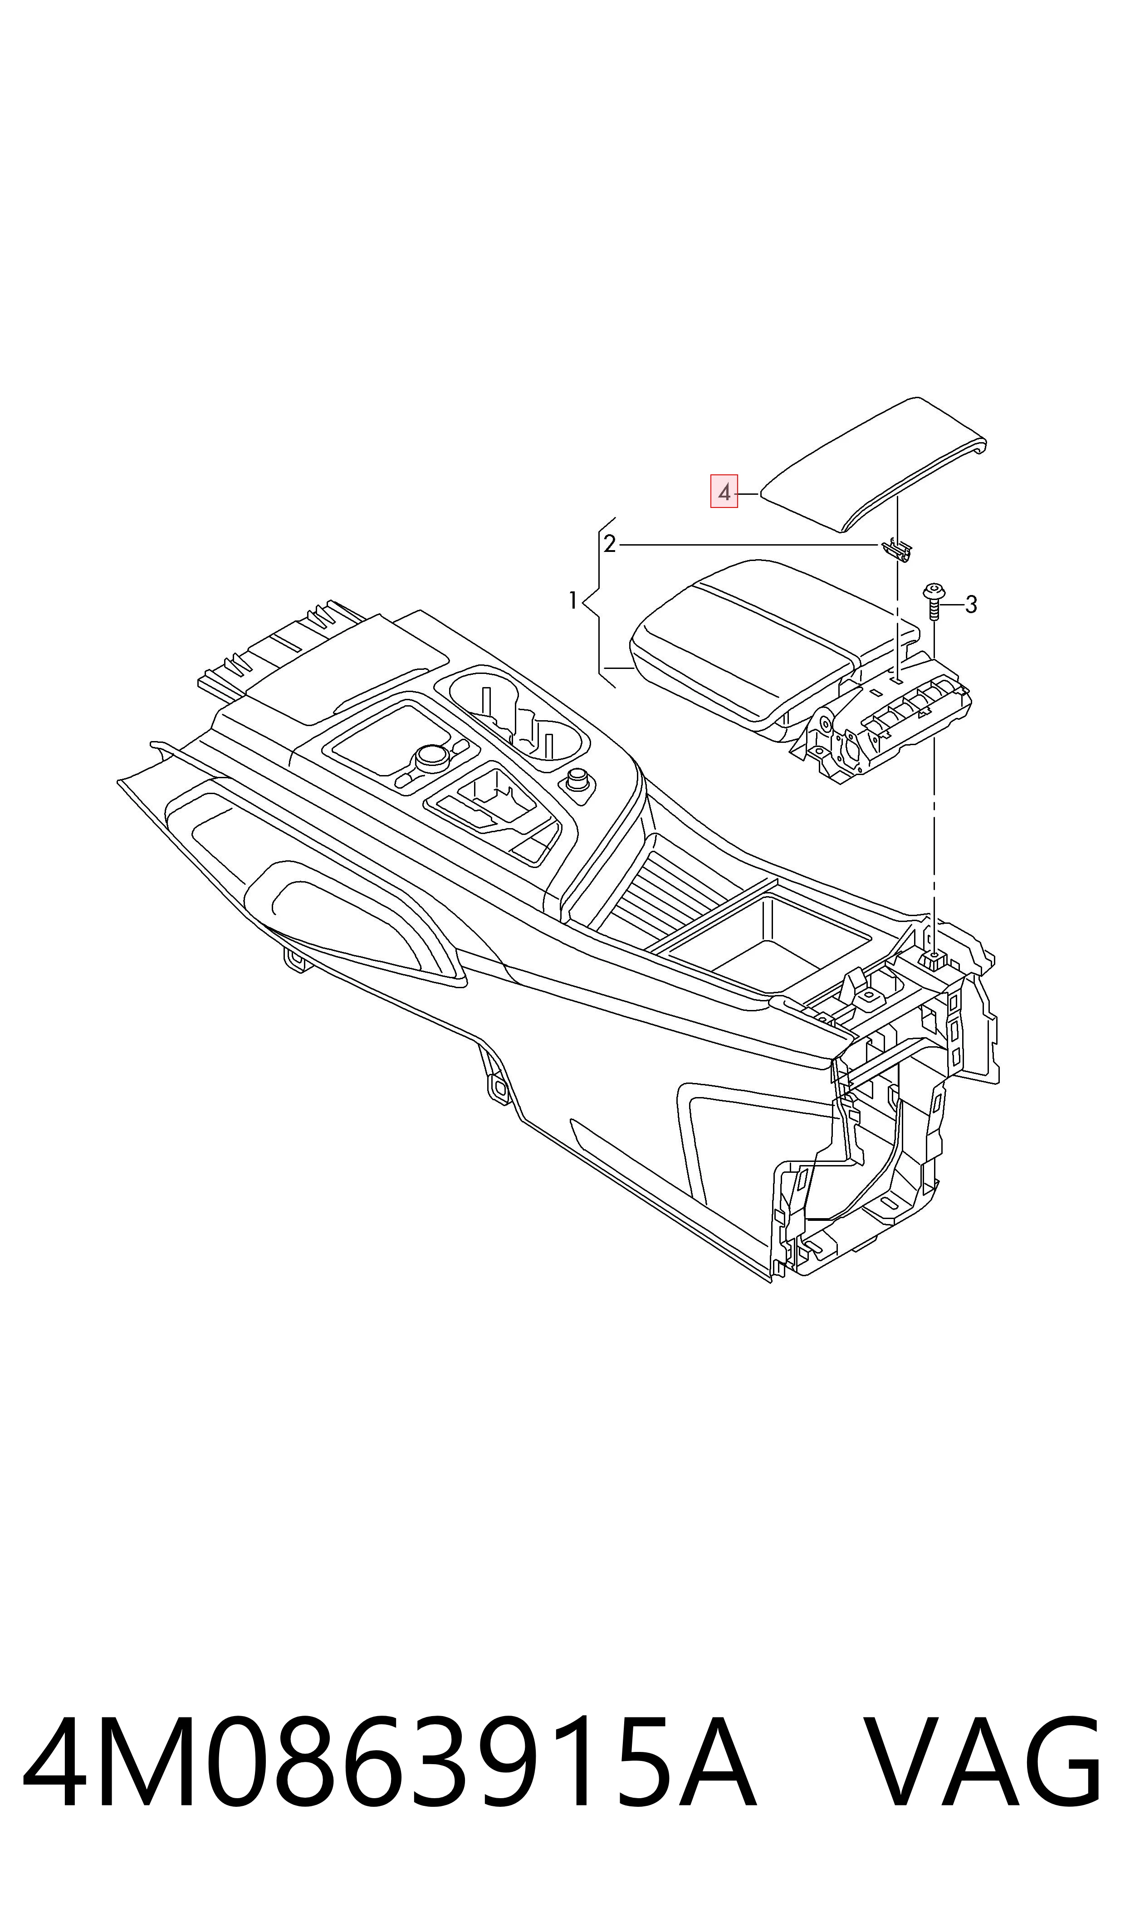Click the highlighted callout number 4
point(724,492)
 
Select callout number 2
point(609,544)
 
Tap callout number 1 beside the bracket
point(572,601)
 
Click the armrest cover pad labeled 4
point(874,464)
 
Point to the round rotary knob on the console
point(432,756)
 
